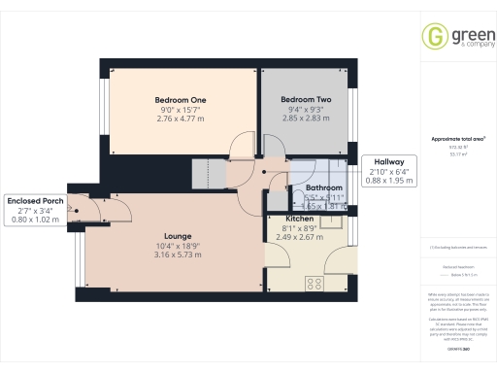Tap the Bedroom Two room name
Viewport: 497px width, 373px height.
[x=307, y=99]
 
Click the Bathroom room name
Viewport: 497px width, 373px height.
[x=324, y=187]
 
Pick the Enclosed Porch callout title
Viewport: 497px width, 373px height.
[x=33, y=200]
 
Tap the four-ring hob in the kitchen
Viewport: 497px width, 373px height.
[x=315, y=284]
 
